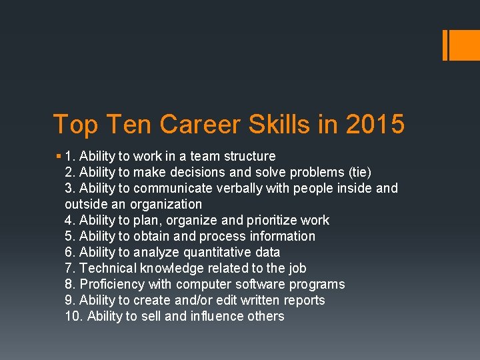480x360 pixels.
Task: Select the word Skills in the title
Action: pos(303,125)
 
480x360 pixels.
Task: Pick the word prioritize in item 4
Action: pos(275,220)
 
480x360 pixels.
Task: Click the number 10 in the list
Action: pos(73,316)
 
